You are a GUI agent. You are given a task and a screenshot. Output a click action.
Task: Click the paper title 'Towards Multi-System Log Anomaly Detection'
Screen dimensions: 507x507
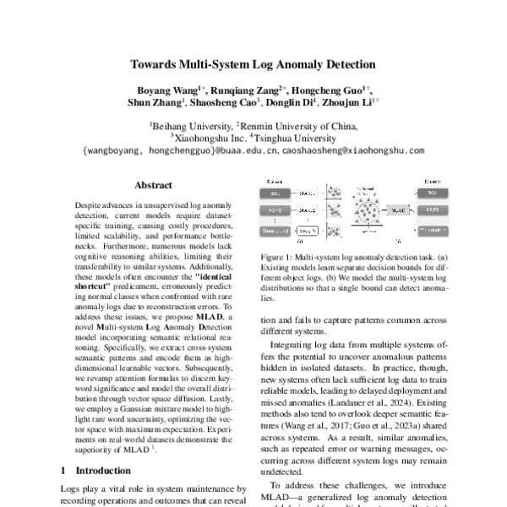[253, 63]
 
